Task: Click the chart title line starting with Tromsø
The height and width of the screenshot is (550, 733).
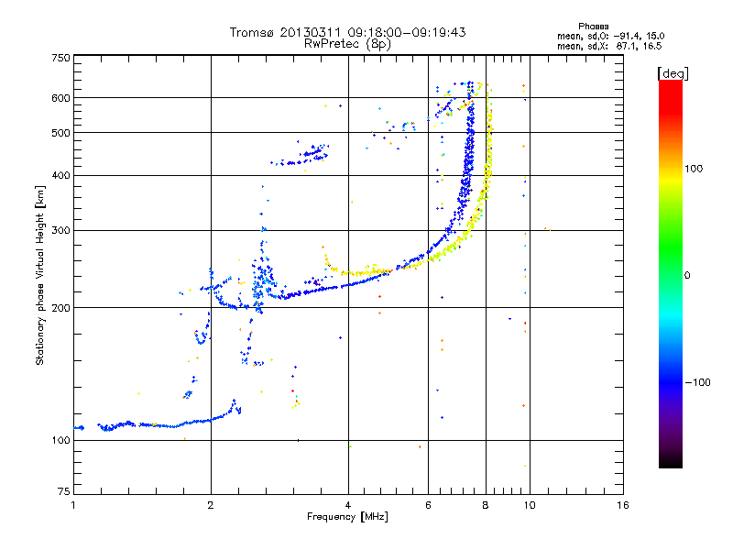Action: tap(348, 32)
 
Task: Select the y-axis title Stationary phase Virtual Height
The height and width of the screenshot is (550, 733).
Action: tap(40, 277)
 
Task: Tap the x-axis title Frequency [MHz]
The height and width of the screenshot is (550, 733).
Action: tap(347, 517)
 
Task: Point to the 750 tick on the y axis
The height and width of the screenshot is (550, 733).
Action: tap(61, 57)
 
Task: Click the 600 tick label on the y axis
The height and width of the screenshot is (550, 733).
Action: tap(61, 97)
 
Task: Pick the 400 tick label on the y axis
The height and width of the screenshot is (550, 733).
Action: tap(61, 175)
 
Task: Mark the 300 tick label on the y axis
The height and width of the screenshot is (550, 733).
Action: tap(61, 230)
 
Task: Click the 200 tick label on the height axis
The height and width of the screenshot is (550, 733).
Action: tap(61, 307)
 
